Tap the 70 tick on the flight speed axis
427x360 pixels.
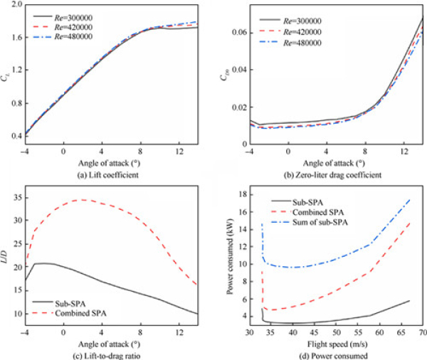point(423,333)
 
